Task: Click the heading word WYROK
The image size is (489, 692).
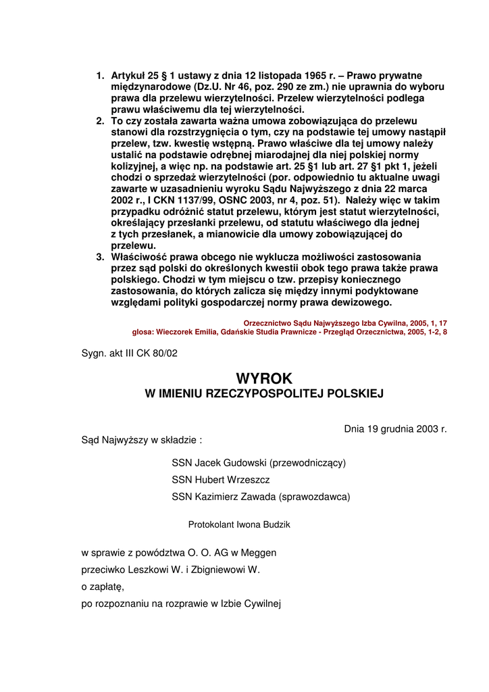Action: coord(264,378)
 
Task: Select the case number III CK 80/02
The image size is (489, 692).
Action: coord(153,353)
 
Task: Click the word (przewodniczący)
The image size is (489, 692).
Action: coord(307,463)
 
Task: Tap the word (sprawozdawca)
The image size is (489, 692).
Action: coord(314,497)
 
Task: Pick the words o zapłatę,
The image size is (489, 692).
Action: coord(103,586)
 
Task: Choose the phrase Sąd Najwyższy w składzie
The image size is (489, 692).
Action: coord(140,439)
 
